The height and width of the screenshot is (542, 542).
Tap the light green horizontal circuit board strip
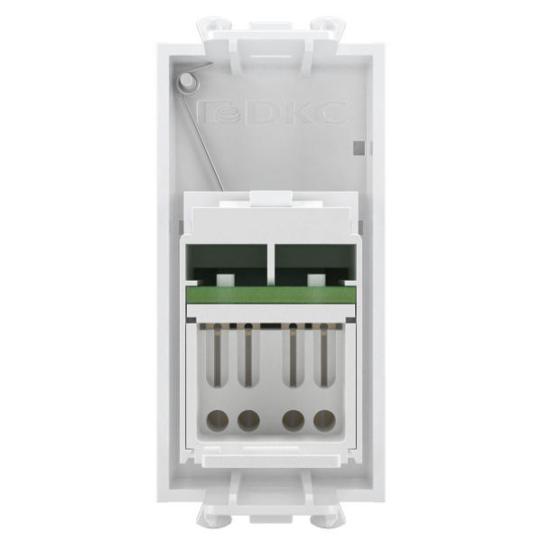(271, 295)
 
